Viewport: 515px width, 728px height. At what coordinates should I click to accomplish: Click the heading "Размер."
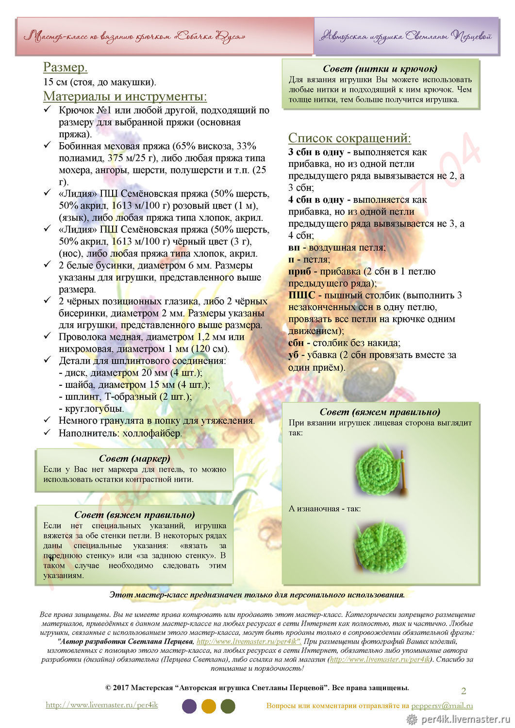coord(66,67)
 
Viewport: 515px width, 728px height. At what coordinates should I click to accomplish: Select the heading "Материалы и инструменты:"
coord(125,96)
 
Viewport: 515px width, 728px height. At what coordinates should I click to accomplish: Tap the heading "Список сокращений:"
coord(349,138)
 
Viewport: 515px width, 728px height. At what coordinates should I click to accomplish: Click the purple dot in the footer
coord(189,706)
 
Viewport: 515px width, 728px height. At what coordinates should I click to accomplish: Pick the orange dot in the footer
coord(209,706)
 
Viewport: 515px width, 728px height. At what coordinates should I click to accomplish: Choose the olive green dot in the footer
coord(228,706)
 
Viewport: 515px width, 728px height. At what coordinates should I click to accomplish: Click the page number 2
coord(464,691)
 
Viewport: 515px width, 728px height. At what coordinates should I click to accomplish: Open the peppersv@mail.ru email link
coord(442,706)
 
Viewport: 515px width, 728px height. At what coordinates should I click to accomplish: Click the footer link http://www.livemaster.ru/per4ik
coord(102,705)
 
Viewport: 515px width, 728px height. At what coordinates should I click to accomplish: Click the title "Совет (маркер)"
coord(134,459)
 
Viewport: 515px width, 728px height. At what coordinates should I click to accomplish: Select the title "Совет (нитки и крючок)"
coord(380,69)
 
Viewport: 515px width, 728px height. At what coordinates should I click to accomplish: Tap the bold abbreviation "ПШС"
coord(301,296)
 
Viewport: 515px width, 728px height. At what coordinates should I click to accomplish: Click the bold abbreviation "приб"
coord(299,272)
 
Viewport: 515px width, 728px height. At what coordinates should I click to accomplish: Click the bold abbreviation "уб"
coord(294,355)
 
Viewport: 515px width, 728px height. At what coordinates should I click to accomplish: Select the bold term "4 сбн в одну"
coord(316,200)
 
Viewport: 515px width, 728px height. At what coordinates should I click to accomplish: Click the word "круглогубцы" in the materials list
coord(95,409)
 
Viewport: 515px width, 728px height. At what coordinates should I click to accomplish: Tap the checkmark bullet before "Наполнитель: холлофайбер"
coord(48,432)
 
